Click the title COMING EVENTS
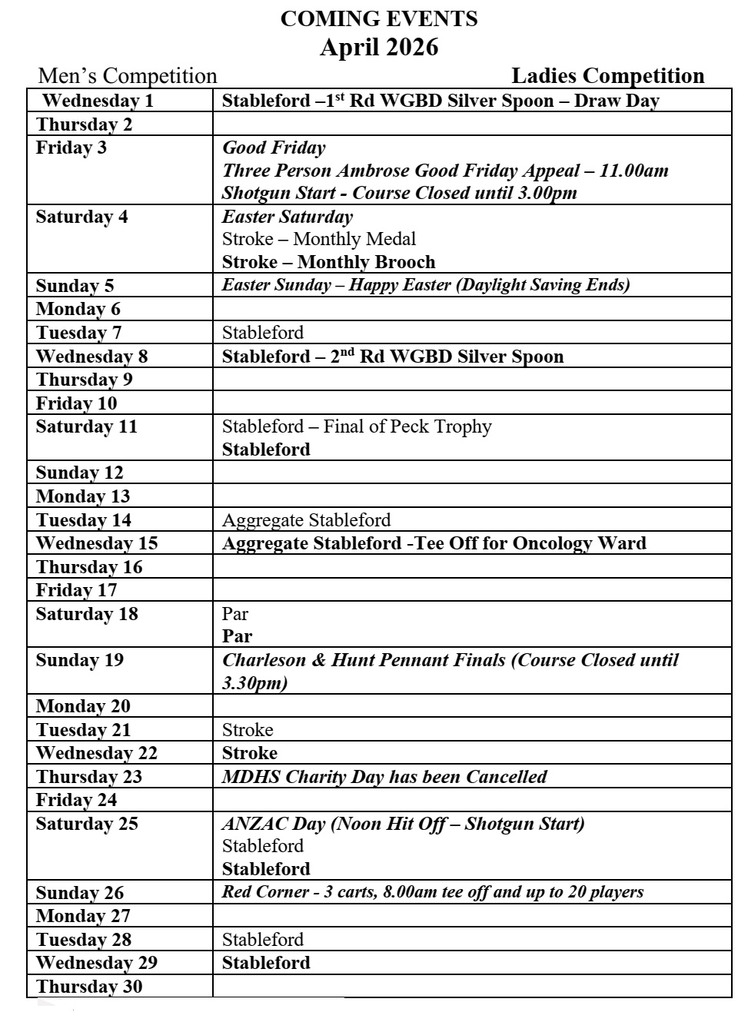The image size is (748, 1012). (378, 18)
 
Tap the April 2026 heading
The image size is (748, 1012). (378, 48)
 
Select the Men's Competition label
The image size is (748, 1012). (128, 76)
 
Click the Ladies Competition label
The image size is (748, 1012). (607, 75)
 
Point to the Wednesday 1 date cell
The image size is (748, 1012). (98, 101)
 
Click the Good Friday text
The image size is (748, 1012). (274, 148)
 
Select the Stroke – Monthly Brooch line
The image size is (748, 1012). (328, 262)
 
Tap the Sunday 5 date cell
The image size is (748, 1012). (75, 286)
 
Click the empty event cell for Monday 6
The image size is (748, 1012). (470, 309)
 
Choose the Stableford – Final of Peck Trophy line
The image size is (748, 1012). (357, 426)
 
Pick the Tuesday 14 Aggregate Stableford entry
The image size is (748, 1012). (306, 520)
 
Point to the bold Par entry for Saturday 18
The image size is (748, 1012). (237, 636)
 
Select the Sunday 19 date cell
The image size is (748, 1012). (79, 660)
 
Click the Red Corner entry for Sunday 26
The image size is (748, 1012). (432, 892)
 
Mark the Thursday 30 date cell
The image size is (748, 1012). (88, 987)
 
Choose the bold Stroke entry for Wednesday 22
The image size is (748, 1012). (249, 753)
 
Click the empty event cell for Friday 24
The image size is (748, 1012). (470, 800)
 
